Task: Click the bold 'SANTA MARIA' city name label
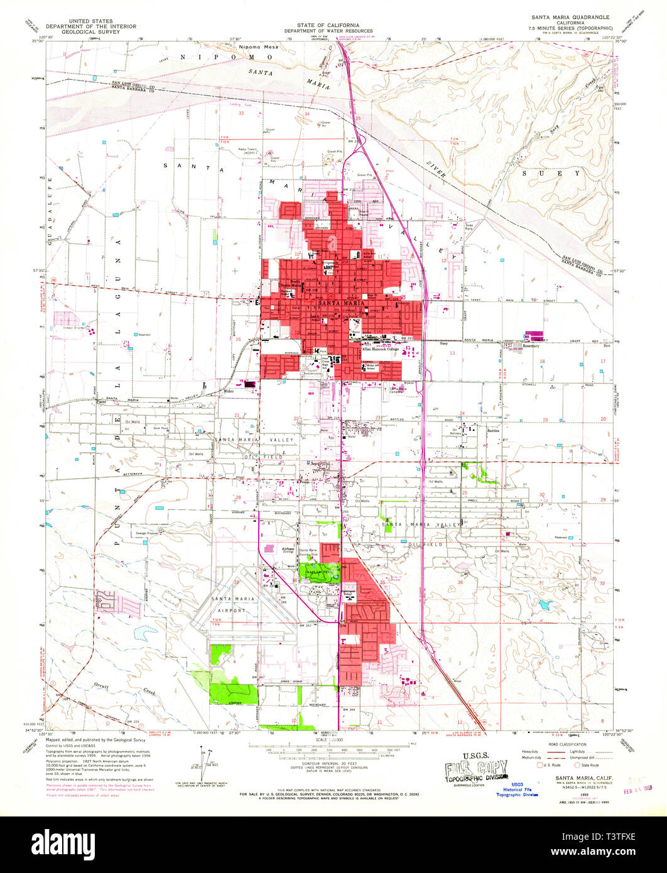[340, 304]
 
